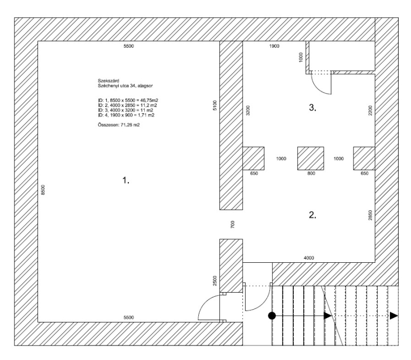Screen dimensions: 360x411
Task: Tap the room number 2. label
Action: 312,215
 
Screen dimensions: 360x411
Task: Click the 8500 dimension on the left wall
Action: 44,190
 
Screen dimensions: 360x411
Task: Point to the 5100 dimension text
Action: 215,105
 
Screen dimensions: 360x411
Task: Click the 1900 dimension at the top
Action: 274,46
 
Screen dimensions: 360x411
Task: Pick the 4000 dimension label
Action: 308,258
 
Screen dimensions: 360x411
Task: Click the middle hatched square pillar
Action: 311,158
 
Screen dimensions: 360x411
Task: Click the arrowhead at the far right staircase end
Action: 394,315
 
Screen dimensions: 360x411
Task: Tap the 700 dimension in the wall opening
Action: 233,225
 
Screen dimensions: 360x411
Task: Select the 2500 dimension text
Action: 215,281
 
